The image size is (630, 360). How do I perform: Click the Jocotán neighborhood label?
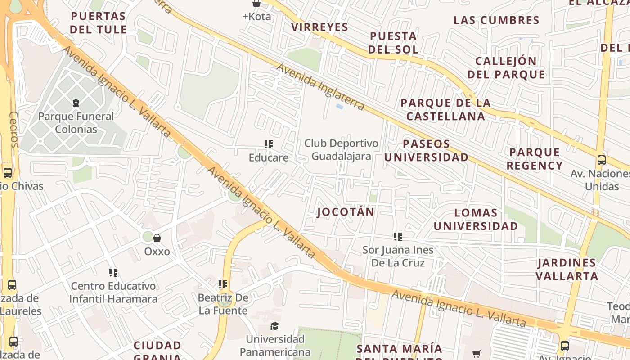346,212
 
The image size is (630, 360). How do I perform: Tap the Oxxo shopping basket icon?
157,238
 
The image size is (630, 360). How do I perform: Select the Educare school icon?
269,144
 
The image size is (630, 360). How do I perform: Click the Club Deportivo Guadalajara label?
341,150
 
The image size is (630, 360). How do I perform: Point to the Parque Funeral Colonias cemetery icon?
76,103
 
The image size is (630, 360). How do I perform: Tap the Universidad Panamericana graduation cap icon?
274,326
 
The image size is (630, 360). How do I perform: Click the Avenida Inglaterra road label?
320,87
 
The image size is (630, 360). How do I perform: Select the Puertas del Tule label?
99,23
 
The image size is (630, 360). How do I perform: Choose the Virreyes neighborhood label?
319,27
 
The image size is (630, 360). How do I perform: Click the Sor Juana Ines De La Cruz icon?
397,236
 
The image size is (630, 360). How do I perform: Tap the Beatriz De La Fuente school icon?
223,284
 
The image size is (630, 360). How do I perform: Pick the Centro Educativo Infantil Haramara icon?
113,273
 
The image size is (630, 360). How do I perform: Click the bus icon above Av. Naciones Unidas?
601,160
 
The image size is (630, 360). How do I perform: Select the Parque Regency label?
535,159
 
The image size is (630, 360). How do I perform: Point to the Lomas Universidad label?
476,219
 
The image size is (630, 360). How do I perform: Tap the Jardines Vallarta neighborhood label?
567,269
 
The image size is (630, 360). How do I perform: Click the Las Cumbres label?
496,20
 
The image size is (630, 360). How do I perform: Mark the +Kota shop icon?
256,4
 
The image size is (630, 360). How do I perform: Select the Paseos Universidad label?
426,151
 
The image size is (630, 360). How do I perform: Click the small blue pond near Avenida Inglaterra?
339,107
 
